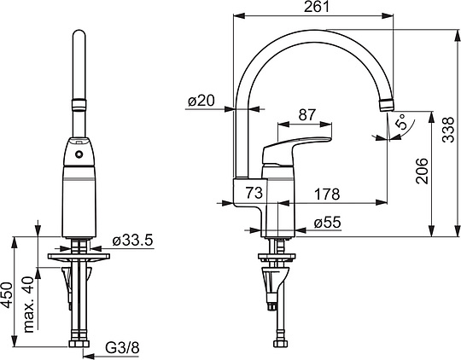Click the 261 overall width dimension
pos(317,7)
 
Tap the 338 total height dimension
pos(449,130)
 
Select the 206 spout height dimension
pos(423,171)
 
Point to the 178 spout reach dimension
pos(327,194)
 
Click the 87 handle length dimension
pos(307,115)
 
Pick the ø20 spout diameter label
pos(201,101)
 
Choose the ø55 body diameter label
pos(327,223)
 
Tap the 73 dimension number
pos(254,193)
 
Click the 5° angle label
pos(401,122)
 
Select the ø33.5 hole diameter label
pos(132,241)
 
